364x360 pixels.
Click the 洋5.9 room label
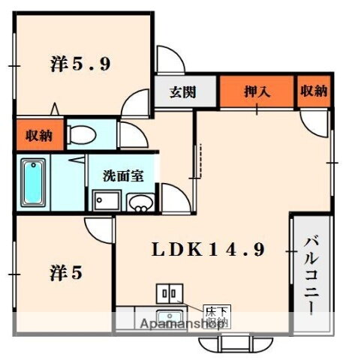click(x=80, y=64)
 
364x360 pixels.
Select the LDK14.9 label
click(x=209, y=251)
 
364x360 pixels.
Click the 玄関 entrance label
click(x=182, y=92)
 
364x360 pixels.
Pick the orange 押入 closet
click(x=256, y=92)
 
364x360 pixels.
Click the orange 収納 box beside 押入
click(x=314, y=91)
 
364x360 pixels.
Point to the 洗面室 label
click(x=123, y=177)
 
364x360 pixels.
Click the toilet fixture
click(x=81, y=136)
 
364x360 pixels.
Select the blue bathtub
click(x=32, y=183)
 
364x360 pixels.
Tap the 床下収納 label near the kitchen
click(x=217, y=315)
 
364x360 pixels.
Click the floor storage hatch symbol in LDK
click(x=167, y=294)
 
